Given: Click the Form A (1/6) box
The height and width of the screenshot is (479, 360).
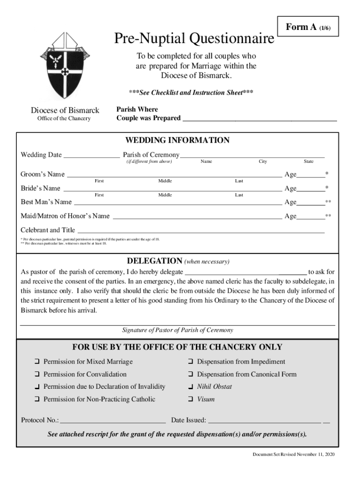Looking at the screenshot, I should click(x=306, y=28).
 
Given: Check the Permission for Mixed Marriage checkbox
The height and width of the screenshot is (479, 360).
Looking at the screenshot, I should click(x=36, y=362).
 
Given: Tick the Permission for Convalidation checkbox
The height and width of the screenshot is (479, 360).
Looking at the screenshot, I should click(x=36, y=375).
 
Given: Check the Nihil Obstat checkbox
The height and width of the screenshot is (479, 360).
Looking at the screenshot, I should click(x=190, y=387).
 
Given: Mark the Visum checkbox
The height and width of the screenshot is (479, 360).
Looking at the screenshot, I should click(x=190, y=400).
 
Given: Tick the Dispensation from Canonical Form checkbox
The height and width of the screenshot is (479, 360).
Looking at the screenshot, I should click(x=190, y=375).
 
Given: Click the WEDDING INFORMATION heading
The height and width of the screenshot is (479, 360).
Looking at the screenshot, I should click(x=177, y=140).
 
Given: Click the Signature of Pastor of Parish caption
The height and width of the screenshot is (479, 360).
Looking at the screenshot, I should click(x=177, y=330).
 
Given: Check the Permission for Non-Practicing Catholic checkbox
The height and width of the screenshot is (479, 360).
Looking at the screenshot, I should click(x=36, y=400).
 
